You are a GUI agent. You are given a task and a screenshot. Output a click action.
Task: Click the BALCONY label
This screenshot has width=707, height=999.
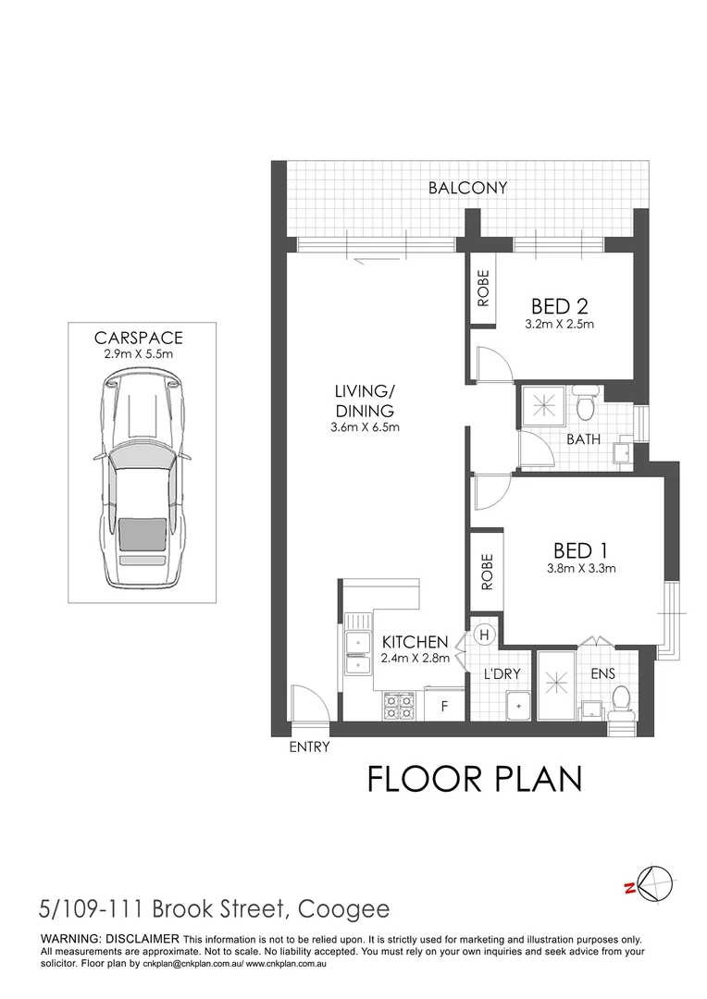click(x=467, y=188)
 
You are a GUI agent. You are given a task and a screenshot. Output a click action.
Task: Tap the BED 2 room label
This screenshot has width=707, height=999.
click(x=561, y=306)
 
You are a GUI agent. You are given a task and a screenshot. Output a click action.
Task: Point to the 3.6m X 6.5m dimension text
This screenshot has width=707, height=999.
click(x=365, y=427)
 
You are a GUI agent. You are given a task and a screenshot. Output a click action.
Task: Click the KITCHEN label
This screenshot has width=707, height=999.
click(x=416, y=642)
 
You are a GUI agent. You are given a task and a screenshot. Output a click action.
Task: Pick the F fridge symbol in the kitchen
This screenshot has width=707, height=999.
click(x=444, y=707)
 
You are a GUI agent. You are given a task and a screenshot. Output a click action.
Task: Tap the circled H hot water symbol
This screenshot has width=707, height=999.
click(x=484, y=635)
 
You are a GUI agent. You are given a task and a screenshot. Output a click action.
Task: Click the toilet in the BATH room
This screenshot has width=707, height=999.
click(x=585, y=404)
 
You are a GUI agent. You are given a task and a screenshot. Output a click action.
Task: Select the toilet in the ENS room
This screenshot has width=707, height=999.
click(x=622, y=700)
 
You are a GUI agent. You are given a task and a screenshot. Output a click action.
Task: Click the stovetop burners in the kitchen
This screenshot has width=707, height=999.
click(x=400, y=707)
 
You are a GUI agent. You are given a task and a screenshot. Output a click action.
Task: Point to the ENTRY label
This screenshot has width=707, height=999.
click(x=309, y=747)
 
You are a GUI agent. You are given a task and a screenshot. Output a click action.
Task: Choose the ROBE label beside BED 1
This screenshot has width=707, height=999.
click(x=486, y=573)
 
